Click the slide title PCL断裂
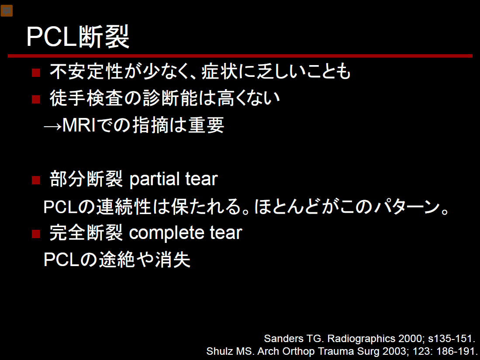[x=78, y=37]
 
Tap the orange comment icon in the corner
[x=7, y=11]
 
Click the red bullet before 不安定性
[x=36, y=73]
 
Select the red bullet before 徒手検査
[x=36, y=99]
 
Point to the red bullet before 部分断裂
[x=36, y=180]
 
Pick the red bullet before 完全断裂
[x=36, y=234]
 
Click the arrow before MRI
[x=53, y=126]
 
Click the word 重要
[x=206, y=125]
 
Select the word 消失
[x=173, y=260]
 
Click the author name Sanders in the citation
[x=283, y=339]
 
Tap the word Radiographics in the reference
[x=361, y=339]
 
